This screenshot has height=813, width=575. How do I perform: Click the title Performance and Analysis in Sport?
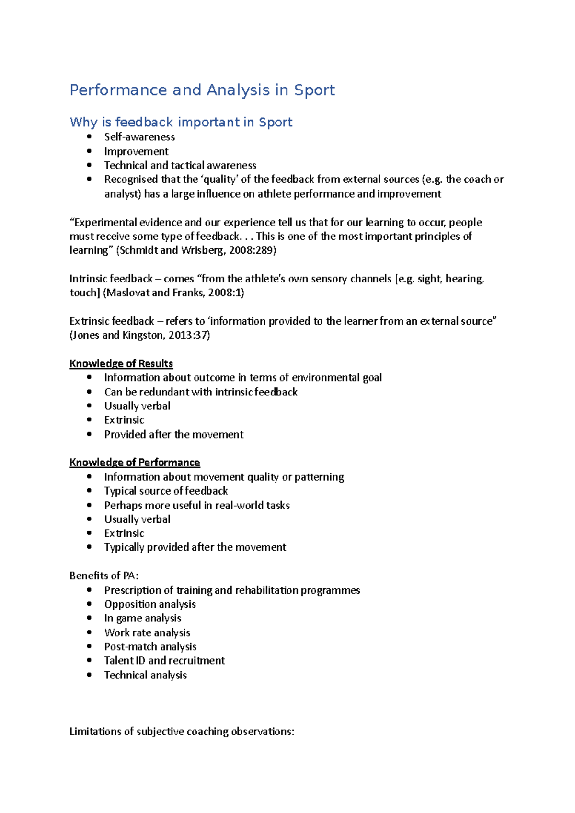point(202,90)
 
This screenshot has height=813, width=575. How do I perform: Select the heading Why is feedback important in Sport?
point(181,122)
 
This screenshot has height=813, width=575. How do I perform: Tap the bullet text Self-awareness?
point(139,137)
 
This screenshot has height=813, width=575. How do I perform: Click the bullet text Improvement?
point(136,151)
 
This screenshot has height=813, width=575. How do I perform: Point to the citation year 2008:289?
point(251,250)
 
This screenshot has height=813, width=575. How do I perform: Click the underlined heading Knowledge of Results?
point(121,363)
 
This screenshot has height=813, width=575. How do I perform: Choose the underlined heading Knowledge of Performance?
point(135,463)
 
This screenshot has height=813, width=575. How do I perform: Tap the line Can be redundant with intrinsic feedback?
point(201,392)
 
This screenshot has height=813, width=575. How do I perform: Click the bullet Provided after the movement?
point(174,434)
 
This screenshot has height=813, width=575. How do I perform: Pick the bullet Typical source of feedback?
point(166,491)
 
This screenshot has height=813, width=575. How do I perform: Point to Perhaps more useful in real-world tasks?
point(197,505)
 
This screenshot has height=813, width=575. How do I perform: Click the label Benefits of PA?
point(104,576)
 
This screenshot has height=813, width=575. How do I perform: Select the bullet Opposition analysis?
point(150,604)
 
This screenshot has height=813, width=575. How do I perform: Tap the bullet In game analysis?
point(143,618)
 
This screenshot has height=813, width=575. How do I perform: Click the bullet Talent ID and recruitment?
point(164,661)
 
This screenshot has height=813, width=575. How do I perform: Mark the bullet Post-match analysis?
point(150,646)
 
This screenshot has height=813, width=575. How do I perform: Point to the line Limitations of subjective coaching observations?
point(182,732)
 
